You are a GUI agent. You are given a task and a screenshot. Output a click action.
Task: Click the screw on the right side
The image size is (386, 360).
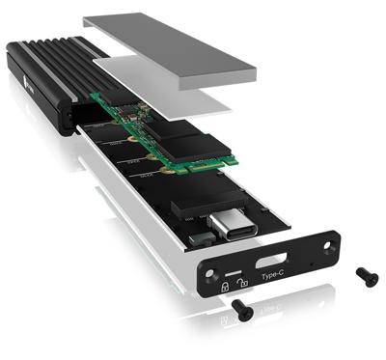pos(367,276)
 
